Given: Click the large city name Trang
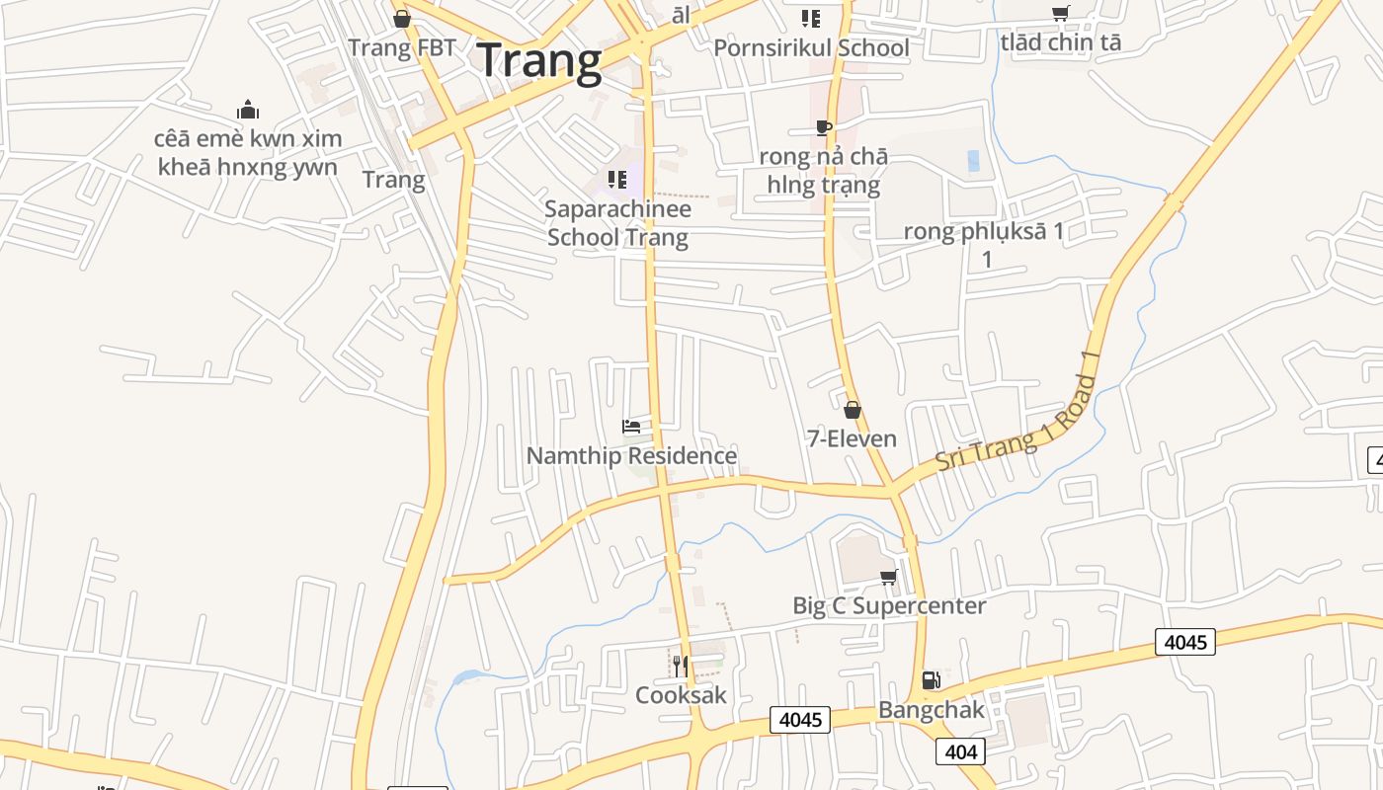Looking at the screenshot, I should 539,60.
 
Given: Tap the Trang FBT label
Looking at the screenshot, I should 402,48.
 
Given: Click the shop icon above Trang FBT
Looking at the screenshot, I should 402,19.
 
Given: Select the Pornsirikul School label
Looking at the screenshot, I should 811,47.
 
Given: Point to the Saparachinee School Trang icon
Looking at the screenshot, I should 617,180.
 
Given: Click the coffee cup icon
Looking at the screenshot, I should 823,127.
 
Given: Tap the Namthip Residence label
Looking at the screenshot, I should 631,455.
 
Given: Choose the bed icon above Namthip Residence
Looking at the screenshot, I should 631,427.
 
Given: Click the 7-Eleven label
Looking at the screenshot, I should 852,438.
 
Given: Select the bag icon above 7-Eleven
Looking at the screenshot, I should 852,410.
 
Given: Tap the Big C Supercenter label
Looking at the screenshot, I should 889,605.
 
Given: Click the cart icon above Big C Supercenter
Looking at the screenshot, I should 889,577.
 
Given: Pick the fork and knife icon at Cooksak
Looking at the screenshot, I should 680,666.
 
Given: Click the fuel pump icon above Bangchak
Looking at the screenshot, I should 931,679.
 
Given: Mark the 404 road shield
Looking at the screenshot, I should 960,752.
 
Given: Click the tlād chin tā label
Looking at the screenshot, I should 1060,42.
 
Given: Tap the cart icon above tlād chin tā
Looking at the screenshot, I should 1060,14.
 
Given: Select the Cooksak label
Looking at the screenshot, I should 681,694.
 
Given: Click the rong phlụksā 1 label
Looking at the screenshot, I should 985,232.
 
